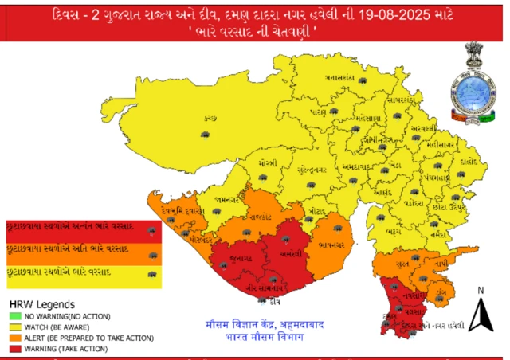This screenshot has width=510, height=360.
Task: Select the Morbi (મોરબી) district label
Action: tap(268, 163)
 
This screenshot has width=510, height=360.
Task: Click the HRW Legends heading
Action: tap(41, 304)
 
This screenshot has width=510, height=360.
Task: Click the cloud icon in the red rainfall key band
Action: tap(151, 231)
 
